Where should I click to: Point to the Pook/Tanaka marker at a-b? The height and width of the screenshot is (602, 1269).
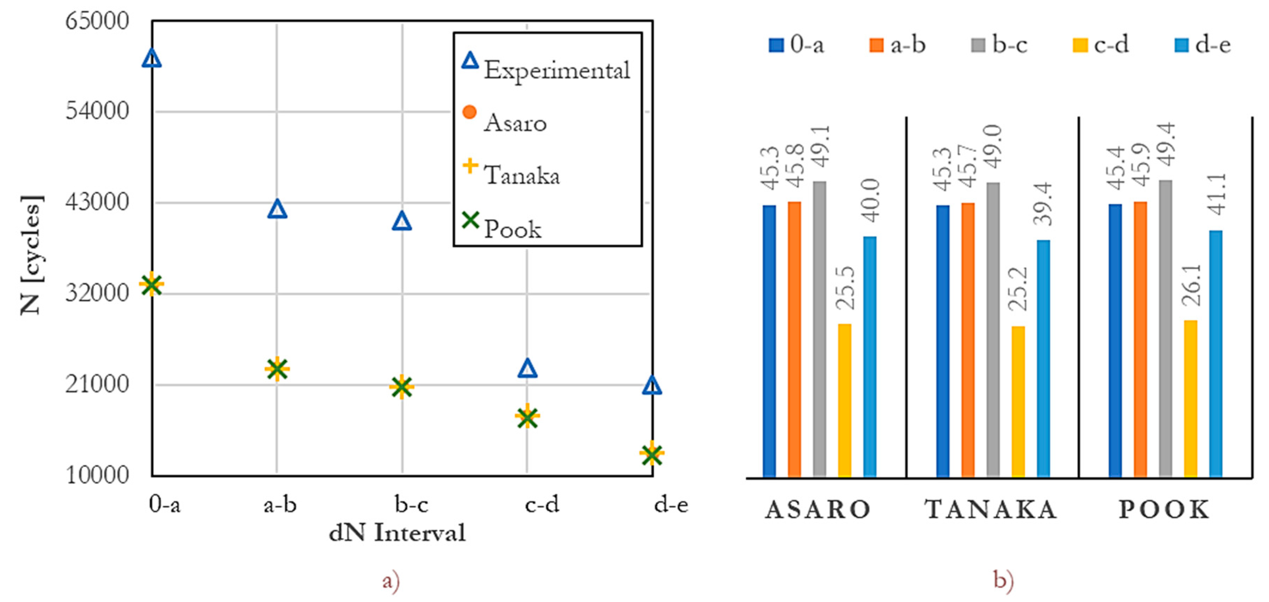pos(277,369)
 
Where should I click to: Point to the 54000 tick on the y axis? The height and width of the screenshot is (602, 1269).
pos(97,111)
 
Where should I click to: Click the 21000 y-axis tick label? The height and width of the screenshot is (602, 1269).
pos(97,384)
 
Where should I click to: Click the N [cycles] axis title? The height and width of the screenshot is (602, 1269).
pos(32,255)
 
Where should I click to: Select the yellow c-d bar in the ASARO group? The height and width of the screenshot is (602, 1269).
pos(844,400)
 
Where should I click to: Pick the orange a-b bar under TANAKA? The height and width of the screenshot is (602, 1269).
pos(967,339)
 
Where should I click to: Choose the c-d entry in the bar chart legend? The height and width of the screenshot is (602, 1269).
pos(1101,45)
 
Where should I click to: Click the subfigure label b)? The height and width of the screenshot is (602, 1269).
pos(1003,580)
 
